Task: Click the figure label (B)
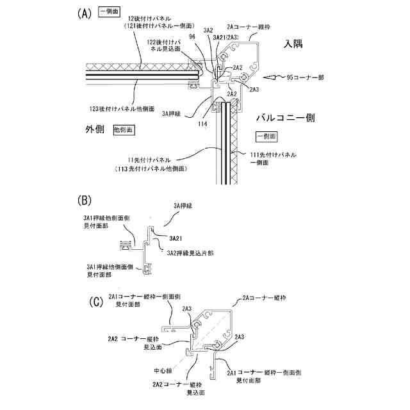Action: pyautogui.click(x=85, y=201)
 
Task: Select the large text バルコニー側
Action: pyautogui.click(x=284, y=118)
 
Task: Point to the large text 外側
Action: pyautogui.click(x=95, y=129)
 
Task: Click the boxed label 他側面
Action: pyautogui.click(x=124, y=129)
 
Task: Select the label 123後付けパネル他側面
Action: pyautogui.click(x=120, y=108)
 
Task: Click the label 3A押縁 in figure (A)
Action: pyautogui.click(x=172, y=113)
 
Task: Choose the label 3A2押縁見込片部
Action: pyautogui.click(x=190, y=253)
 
